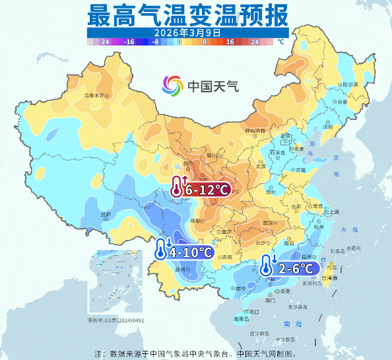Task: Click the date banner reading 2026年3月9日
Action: coord(187,32)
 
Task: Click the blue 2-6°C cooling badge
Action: coord(290,268)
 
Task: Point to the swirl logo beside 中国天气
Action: coord(174,85)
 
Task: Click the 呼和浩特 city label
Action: coord(255,131)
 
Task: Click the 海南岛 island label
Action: coord(242,318)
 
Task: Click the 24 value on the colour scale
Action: coord(254,41)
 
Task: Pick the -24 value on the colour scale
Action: coord(104,41)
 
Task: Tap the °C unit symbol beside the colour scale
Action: coord(280,41)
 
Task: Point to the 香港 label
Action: coord(285,291)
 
